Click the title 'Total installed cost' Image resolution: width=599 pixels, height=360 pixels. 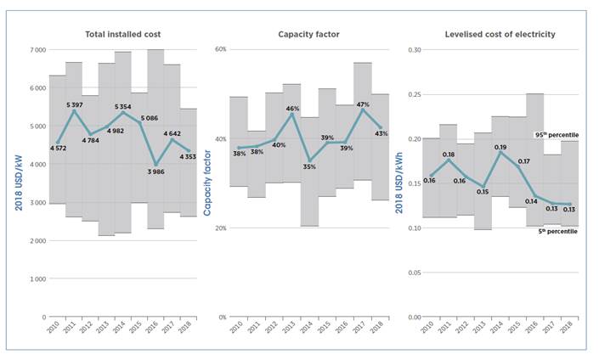click(123, 34)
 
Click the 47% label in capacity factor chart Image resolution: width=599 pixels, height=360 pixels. click(363, 104)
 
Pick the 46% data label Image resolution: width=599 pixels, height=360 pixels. click(291, 109)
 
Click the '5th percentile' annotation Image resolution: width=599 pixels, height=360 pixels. click(556, 230)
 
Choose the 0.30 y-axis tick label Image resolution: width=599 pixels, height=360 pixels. click(412, 50)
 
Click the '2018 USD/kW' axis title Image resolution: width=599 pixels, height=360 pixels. click(17, 183)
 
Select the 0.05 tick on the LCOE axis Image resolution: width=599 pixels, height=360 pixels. click(412, 272)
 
